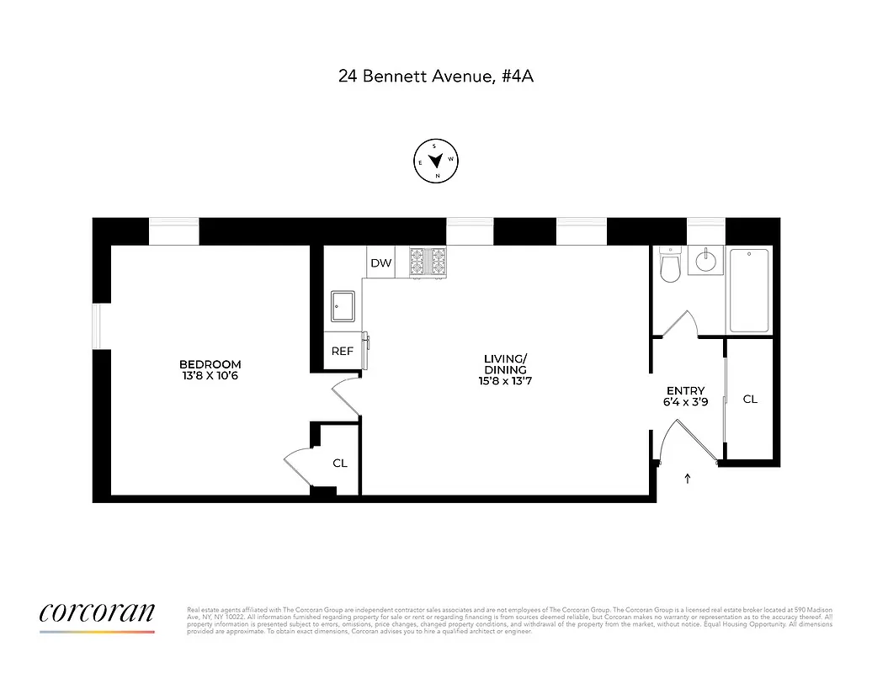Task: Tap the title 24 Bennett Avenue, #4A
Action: pyautogui.click(x=436, y=76)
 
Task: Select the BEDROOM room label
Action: pyautogui.click(x=210, y=364)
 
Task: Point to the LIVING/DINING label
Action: pyautogui.click(x=505, y=364)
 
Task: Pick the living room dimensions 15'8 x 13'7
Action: pyautogui.click(x=505, y=381)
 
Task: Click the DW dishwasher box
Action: pyautogui.click(x=381, y=263)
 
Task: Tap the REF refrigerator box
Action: pyautogui.click(x=342, y=352)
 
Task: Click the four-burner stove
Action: pyautogui.click(x=428, y=262)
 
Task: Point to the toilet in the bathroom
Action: pyautogui.click(x=671, y=267)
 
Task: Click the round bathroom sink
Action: pyautogui.click(x=704, y=262)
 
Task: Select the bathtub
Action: pyautogui.click(x=748, y=289)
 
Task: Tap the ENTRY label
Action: pyautogui.click(x=685, y=390)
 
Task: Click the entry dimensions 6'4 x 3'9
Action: pyautogui.click(x=685, y=402)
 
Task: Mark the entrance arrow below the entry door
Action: pyautogui.click(x=688, y=479)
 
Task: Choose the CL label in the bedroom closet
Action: pyautogui.click(x=339, y=463)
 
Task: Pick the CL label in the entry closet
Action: pyautogui.click(x=750, y=400)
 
